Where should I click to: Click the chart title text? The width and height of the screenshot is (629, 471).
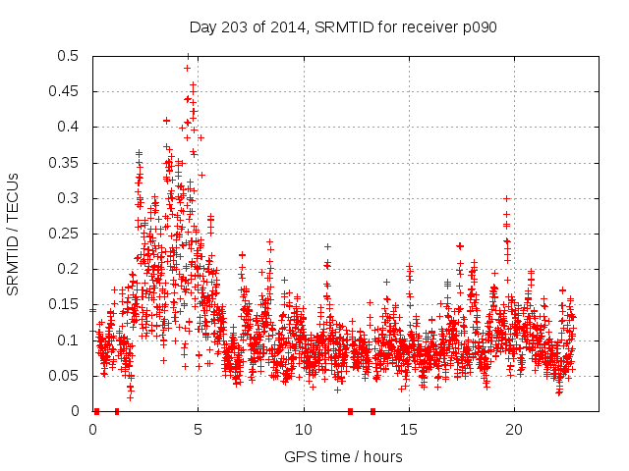(x=342, y=27)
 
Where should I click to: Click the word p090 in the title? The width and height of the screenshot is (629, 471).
(x=480, y=27)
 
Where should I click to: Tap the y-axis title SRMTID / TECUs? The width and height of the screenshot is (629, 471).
(x=14, y=233)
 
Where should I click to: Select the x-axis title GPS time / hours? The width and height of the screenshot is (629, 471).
(x=343, y=456)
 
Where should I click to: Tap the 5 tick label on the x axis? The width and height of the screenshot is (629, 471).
(x=198, y=429)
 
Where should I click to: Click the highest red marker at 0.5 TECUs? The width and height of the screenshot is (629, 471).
(x=188, y=56)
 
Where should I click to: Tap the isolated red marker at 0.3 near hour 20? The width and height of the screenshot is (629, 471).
(x=507, y=198)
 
